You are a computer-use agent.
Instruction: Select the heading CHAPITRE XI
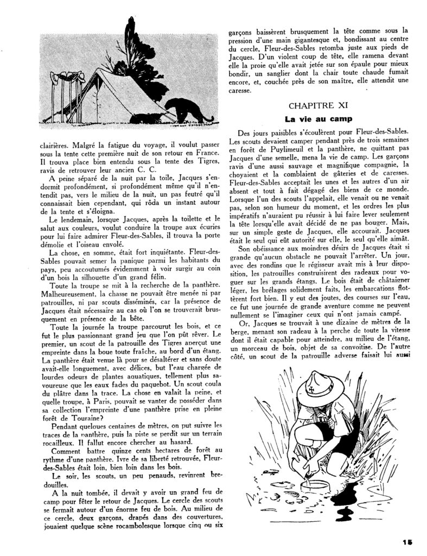point(318,105)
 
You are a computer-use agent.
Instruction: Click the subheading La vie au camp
point(319,118)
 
